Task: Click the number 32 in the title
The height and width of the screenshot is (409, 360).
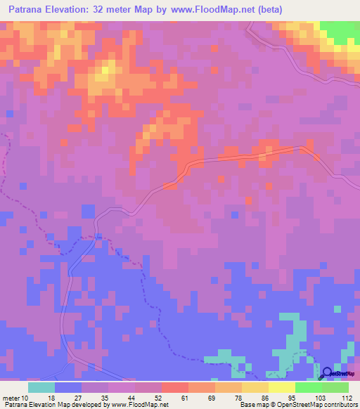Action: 117,9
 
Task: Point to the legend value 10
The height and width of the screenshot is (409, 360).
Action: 25,398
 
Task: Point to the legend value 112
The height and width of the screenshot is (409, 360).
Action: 344,398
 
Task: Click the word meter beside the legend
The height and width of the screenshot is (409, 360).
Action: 10,398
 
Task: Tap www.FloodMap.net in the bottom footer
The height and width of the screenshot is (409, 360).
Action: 141,405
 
